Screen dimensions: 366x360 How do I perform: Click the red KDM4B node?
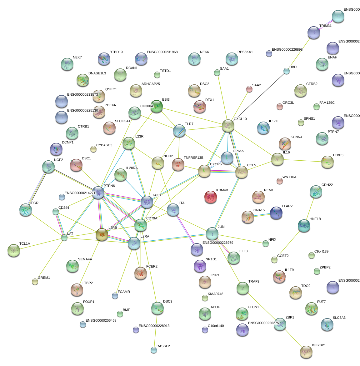(210, 197)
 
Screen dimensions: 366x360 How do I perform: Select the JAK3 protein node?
(147, 202)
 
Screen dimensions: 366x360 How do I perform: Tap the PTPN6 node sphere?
(98, 193)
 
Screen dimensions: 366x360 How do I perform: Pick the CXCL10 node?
(228, 125)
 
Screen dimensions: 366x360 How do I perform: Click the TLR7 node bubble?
(179, 130)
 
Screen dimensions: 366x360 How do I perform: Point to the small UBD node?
(287, 71)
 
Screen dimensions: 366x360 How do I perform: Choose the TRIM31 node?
(314, 32)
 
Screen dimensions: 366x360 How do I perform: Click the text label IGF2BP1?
(319, 345)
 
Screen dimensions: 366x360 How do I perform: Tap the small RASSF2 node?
(153, 350)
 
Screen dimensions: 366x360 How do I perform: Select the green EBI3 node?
(157, 106)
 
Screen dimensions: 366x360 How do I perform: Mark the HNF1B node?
(304, 225)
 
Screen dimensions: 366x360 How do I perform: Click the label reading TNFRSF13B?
(193, 158)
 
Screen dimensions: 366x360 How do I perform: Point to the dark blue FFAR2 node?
(276, 213)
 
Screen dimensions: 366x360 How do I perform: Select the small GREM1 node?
(35, 282)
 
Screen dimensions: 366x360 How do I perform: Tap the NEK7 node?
(67, 64)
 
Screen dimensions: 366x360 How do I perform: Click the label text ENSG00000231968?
(162, 52)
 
